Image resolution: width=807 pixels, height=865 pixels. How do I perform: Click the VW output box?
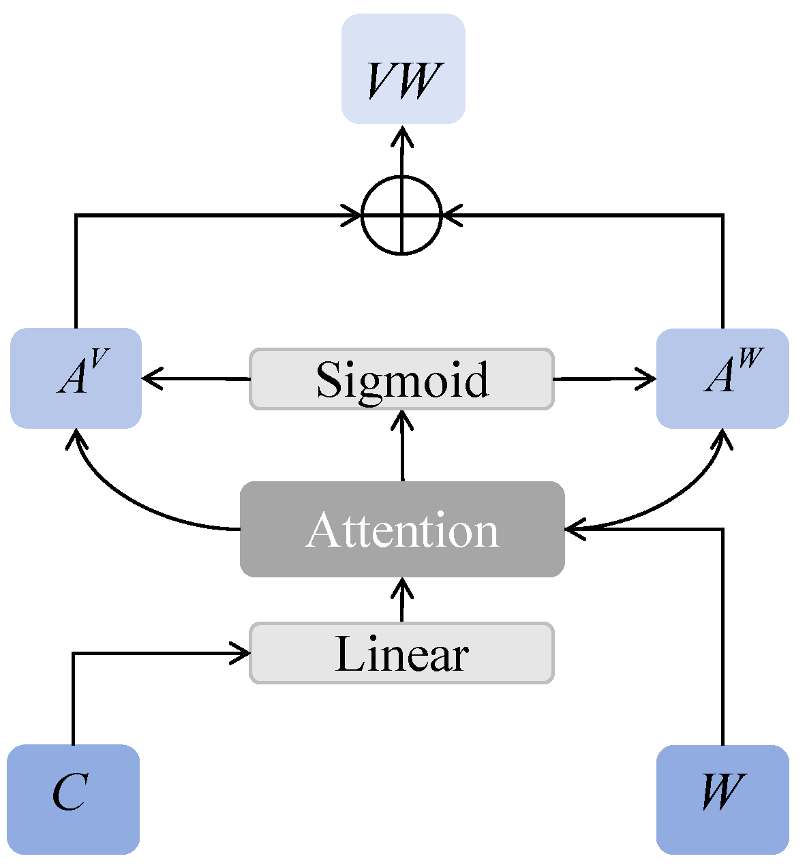(x=403, y=70)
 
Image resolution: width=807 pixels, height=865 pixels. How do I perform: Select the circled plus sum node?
(x=401, y=215)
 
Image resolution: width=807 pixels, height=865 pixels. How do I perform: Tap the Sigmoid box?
(x=401, y=379)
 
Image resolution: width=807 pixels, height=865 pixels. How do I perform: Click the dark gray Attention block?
(x=401, y=529)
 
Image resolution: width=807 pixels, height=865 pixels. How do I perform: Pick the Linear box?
(x=401, y=653)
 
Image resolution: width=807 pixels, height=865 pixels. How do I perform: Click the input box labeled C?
(x=73, y=798)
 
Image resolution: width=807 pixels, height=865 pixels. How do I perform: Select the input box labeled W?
(x=722, y=798)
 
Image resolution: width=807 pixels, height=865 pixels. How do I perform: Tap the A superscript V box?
(x=76, y=378)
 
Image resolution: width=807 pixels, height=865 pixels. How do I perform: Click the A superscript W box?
(x=722, y=378)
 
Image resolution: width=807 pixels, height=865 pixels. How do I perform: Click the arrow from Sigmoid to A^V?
(x=194, y=378)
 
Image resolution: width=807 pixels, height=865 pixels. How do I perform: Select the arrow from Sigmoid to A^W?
(x=604, y=378)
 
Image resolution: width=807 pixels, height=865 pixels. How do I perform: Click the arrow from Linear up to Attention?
(x=402, y=600)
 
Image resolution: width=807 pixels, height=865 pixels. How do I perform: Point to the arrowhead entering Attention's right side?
(x=575, y=528)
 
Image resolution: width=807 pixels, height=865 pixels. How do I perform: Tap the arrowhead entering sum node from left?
(x=352, y=215)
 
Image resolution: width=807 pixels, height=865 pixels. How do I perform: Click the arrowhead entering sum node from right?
(x=451, y=215)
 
